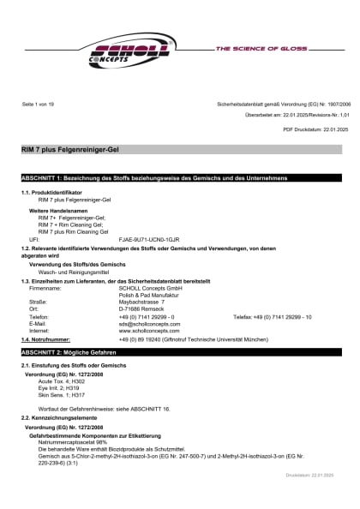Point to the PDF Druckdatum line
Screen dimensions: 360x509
[315, 129]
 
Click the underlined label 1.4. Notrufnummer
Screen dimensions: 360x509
[45, 340]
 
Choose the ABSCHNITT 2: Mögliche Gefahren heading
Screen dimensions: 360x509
[69, 353]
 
